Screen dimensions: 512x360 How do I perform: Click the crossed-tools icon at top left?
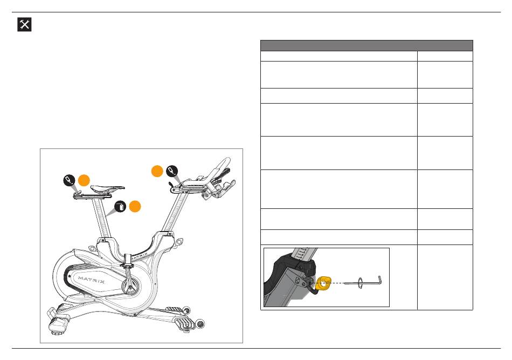click(x=24, y=24)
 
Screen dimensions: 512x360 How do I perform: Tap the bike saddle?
click(x=107, y=188)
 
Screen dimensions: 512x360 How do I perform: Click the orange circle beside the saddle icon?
click(x=84, y=180)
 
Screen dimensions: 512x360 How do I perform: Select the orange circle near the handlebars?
click(x=157, y=171)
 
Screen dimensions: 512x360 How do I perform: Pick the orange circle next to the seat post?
click(x=135, y=206)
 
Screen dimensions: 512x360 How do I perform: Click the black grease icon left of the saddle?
click(x=69, y=180)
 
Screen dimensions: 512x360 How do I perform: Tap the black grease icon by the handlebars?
click(x=172, y=171)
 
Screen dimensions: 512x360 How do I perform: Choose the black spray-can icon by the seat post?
click(x=121, y=207)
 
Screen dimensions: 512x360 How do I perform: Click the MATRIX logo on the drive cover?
click(x=92, y=280)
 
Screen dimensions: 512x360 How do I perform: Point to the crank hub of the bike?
click(x=130, y=288)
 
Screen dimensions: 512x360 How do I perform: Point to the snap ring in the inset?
click(x=360, y=283)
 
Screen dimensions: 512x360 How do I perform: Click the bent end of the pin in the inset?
click(x=379, y=280)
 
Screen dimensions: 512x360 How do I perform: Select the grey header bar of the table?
click(x=366, y=45)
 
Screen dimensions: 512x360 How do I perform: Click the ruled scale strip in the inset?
click(x=303, y=254)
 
